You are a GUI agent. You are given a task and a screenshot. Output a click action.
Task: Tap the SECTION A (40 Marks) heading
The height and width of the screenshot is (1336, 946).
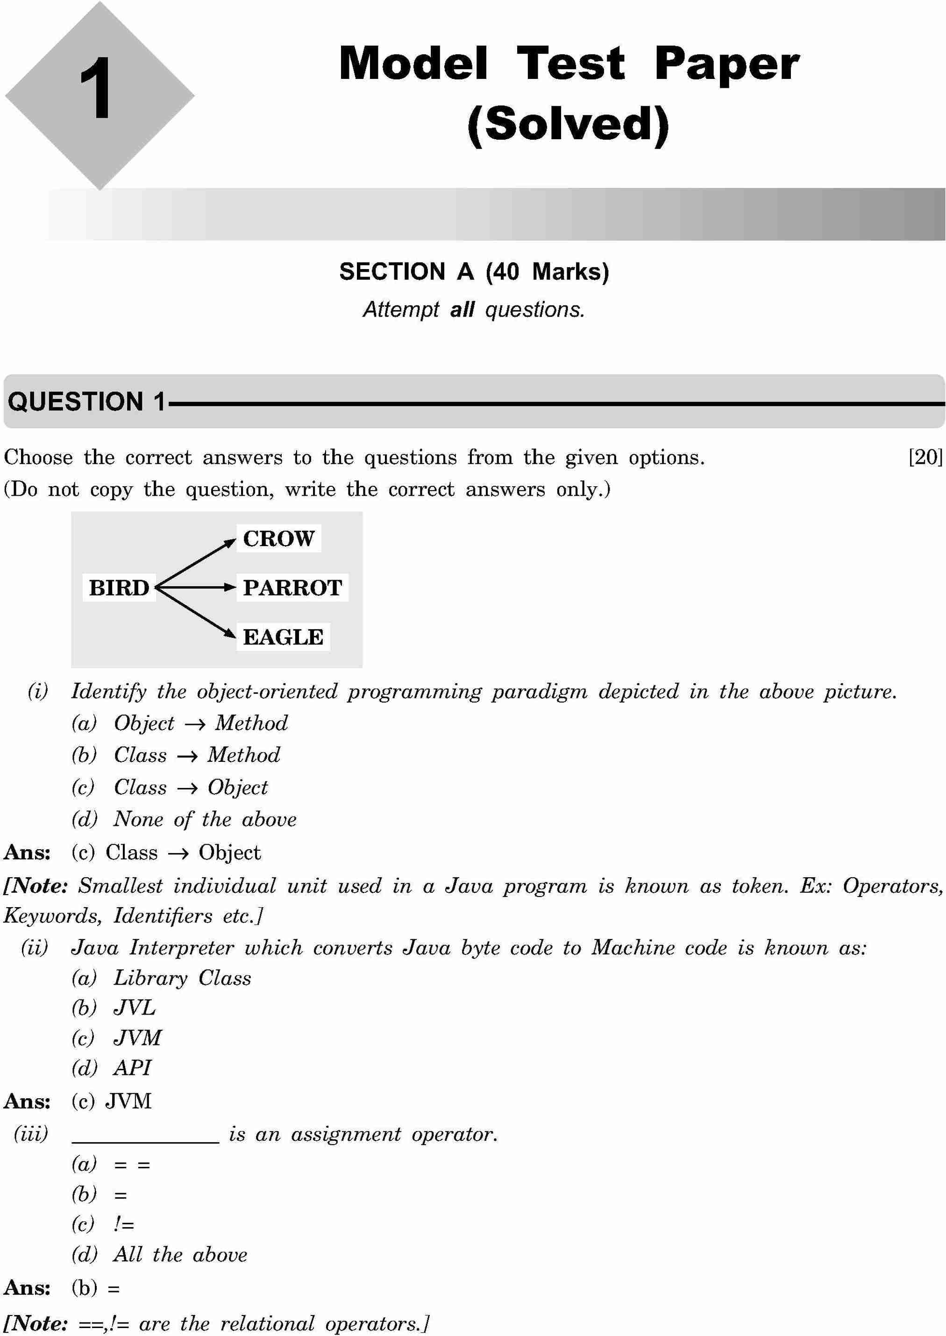point(474,272)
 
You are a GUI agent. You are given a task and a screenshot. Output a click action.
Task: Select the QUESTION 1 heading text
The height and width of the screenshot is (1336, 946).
point(87,402)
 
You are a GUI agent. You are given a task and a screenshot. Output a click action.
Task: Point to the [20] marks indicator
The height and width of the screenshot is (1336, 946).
point(925,458)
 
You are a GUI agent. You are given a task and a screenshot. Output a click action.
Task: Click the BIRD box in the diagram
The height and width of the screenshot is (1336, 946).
point(119,588)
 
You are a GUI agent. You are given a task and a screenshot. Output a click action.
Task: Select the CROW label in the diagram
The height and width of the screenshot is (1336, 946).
point(278,539)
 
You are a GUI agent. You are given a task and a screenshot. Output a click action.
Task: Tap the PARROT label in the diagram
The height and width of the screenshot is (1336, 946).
point(292,588)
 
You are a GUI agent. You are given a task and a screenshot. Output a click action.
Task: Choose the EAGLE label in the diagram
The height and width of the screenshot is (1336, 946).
point(283,637)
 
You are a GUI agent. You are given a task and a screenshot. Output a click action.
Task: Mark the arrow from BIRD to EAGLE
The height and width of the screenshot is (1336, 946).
point(195,613)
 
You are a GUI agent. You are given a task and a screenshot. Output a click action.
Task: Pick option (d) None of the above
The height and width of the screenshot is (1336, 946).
point(184,819)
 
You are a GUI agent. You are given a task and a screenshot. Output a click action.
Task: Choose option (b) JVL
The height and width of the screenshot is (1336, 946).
point(114,1008)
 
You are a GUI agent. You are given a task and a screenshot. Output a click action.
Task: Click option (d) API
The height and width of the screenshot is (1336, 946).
point(111,1067)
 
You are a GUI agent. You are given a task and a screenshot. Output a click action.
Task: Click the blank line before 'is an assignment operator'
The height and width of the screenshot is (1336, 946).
point(145,1140)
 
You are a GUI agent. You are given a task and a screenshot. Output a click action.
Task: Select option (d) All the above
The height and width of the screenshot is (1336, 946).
point(159,1254)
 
